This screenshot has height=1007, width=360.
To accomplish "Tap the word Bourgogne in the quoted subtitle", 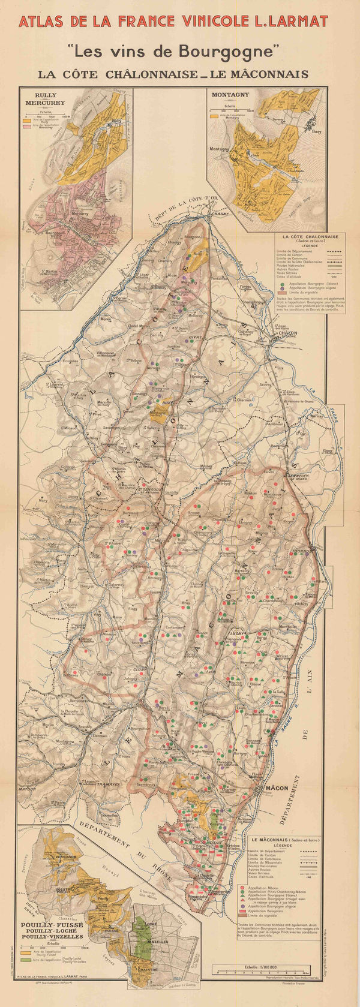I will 230,52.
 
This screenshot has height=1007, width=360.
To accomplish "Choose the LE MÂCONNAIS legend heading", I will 275,840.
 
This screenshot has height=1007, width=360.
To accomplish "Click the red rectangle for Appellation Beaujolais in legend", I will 241,910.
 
